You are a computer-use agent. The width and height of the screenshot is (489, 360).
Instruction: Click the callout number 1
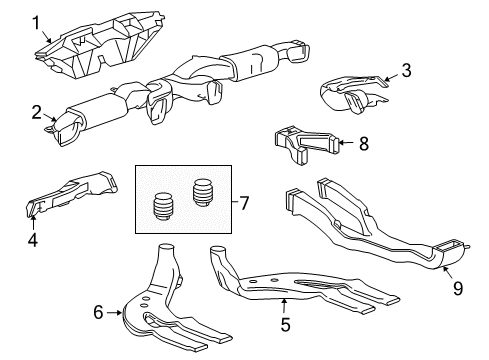37,21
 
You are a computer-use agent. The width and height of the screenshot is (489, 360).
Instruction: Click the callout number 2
37,111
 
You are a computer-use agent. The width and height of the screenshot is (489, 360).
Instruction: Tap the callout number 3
405,69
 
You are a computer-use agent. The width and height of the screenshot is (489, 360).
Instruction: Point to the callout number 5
284,324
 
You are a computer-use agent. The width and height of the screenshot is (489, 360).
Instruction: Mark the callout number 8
363,144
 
